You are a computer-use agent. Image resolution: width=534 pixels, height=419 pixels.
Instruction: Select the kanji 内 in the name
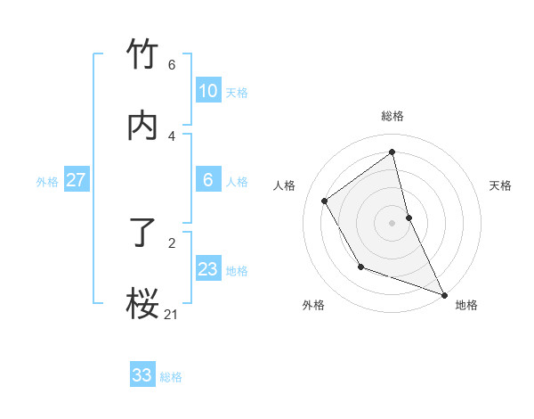[x=142, y=126]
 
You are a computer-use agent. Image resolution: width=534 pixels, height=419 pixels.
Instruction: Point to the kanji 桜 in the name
[x=142, y=303]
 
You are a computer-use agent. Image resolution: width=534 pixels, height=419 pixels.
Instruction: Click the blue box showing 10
[x=207, y=91]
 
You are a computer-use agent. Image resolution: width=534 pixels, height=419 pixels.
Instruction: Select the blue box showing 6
[x=207, y=180]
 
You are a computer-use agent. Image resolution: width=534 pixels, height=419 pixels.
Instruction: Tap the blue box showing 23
[x=207, y=269]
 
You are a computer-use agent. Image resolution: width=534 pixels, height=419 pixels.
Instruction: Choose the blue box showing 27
[x=76, y=180]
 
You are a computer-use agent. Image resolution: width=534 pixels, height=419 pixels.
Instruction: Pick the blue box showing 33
[x=142, y=375]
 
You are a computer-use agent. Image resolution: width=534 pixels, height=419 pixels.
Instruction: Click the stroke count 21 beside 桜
[x=171, y=314]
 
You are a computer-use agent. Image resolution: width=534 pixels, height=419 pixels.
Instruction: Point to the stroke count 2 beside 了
[x=172, y=242]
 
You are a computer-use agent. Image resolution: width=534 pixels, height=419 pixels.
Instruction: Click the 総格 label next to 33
[x=171, y=377]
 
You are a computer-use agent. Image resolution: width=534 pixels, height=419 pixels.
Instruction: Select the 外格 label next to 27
[x=47, y=182]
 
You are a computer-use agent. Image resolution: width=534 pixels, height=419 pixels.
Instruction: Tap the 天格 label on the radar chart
[x=501, y=185]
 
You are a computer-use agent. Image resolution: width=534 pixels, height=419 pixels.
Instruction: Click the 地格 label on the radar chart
[x=466, y=305]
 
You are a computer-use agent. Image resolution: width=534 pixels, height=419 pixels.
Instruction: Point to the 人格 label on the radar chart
[x=284, y=185]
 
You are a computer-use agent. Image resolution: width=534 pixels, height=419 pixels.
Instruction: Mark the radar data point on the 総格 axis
[x=392, y=152]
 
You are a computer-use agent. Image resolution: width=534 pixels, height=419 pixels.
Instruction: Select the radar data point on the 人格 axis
[x=325, y=201]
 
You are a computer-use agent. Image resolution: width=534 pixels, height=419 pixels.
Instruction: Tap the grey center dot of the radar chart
[x=392, y=223]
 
